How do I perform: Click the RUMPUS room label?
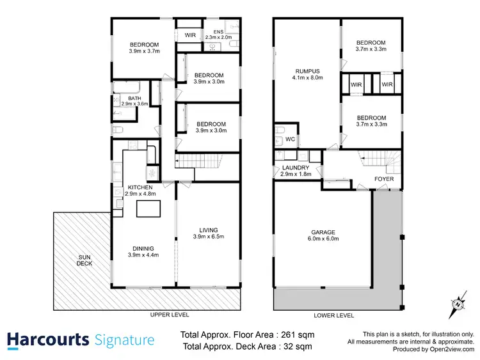click(307, 72)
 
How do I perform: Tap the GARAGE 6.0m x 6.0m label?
click(323, 235)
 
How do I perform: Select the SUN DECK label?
click(84, 259)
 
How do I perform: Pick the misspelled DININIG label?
click(144, 248)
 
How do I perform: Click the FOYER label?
click(384, 179)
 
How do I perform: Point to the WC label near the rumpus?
click(289, 139)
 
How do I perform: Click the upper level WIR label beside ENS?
click(190, 35)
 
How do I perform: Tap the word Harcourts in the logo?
click(48, 339)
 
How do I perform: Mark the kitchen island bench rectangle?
click(149, 209)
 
